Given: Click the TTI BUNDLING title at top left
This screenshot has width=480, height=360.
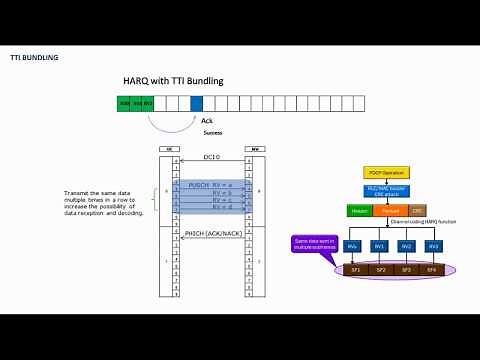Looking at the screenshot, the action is pos(34,57).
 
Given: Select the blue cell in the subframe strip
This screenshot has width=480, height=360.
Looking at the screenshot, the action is pos(196,102).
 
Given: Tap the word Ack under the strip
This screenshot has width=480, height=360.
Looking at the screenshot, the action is pos(207,120).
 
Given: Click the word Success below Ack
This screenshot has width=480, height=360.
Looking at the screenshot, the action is pos(212,131).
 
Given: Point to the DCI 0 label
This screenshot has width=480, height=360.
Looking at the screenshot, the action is pos(211,157).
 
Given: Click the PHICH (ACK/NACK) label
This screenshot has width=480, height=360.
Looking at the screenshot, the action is pos(212,233).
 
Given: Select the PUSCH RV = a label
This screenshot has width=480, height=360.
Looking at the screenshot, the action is pos(211,185).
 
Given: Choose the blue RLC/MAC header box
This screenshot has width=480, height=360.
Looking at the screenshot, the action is pos(383,190).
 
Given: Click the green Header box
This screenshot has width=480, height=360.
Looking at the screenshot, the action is pos(359,210).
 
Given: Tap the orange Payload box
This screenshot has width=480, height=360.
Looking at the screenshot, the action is pos(391,210).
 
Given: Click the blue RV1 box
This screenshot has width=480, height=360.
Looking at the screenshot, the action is pos(378,245).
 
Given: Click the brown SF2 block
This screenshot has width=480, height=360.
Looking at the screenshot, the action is pos(379,270).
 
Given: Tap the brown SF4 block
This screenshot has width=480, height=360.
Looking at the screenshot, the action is pos(431,270).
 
